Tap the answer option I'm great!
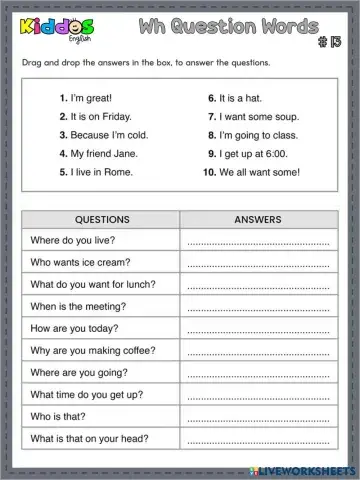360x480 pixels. pos(88,99)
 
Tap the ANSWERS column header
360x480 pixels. pos(257,218)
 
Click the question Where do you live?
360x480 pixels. pos(74,241)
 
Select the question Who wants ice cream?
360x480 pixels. pos(81,263)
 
